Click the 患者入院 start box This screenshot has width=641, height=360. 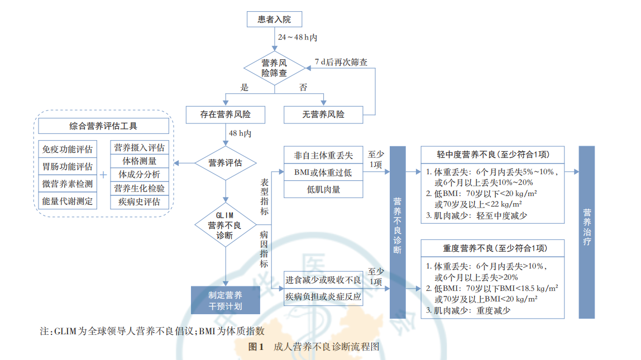pos(274,20)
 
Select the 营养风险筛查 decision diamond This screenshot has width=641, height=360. pos(274,68)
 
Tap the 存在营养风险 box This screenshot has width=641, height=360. pos(225,115)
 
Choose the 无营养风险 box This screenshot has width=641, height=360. pos(323,115)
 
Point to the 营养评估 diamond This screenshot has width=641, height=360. pos(225,163)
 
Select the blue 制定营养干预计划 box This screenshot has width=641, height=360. pos(225,300)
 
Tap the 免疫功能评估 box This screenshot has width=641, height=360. pos(68,149)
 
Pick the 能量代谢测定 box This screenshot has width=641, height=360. pos(68,201)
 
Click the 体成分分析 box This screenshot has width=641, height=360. pos(139,175)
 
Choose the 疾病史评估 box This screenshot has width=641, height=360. pos(139,201)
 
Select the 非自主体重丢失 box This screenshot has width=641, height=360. pos(323,155)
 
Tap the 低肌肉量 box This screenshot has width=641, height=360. pos(323,190)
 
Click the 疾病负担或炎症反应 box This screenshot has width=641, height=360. pos(323,296)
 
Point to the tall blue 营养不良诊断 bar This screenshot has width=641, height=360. pos(398,232)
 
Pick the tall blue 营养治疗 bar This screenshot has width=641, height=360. pos(587,232)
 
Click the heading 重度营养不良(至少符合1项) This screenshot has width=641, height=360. pos(492,248)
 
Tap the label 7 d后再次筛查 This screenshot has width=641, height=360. pos(341,62)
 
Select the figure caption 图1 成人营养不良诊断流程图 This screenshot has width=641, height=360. pos(314,347)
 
